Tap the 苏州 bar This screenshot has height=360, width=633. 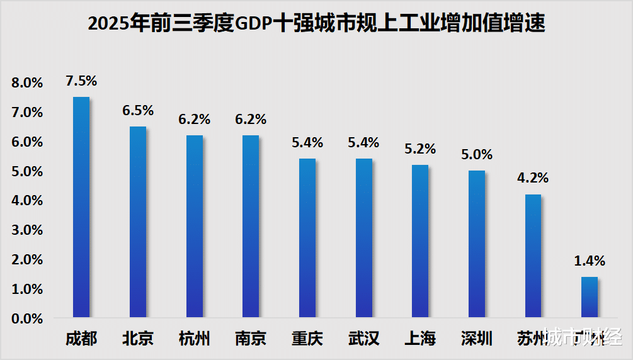[533, 256]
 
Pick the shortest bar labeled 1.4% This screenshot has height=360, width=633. [590, 297]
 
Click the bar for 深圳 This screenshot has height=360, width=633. [477, 244]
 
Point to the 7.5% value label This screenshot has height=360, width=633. [81, 81]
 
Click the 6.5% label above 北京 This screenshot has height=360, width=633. [138, 110]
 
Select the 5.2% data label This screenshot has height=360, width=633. [420, 149]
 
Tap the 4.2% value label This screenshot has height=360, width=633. [533, 177]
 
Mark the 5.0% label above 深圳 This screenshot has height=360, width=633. [477, 154]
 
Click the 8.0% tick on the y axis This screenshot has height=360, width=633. [26, 83]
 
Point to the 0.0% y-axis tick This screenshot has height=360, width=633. [26, 319]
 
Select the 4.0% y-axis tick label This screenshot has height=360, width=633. [26, 201]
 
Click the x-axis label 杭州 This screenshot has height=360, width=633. [194, 339]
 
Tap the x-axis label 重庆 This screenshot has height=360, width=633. [307, 339]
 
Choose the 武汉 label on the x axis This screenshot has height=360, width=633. [364, 339]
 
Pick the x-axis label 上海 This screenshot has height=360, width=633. [420, 339]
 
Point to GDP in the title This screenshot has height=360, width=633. [254, 24]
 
